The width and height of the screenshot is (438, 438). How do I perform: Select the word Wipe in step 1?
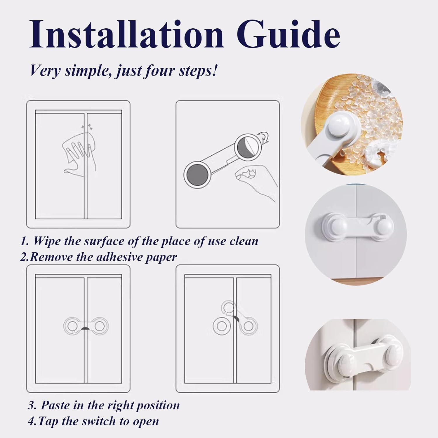pyautogui.click(x=46, y=241)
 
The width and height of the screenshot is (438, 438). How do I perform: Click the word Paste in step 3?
pyautogui.click(x=55, y=405)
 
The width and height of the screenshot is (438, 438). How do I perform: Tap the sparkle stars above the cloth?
pyautogui.click(x=87, y=127)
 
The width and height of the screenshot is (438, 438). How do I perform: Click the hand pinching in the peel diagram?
pyautogui.click(x=254, y=178)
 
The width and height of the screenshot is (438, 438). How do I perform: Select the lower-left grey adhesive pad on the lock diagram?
pyautogui.click(x=197, y=174)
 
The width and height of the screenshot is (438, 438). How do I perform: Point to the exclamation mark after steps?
pyautogui.click(x=215, y=70)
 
